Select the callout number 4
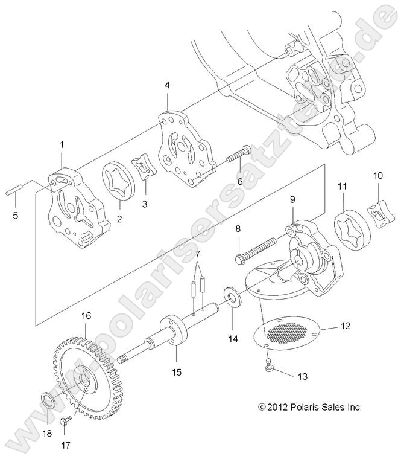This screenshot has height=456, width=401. [x=167, y=86]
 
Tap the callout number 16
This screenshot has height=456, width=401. [x=86, y=315]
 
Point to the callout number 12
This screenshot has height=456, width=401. [x=346, y=327]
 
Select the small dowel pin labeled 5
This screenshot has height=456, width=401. [x=13, y=193]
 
